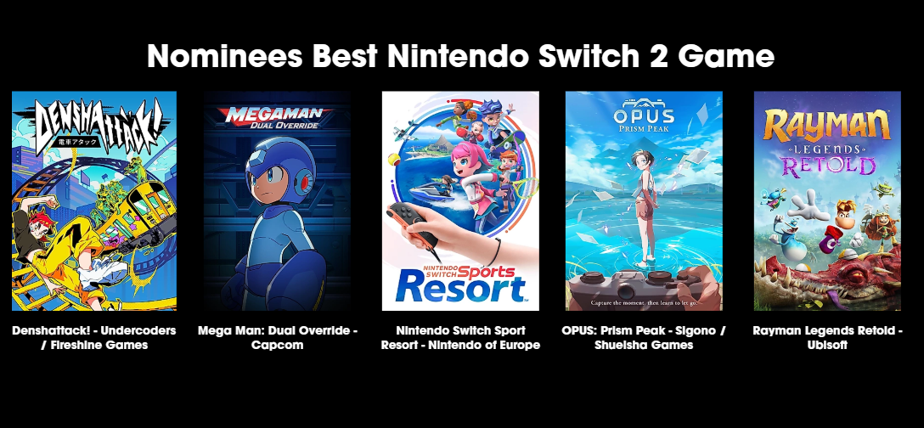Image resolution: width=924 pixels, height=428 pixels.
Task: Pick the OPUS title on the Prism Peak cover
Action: [x=644, y=114]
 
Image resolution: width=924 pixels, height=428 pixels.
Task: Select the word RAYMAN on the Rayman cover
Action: [x=827, y=124]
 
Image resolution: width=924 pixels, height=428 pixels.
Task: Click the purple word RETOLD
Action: [x=827, y=166]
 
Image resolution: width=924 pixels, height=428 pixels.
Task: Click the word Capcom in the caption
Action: [x=277, y=346]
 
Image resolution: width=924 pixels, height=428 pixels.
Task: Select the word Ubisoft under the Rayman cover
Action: [x=827, y=346]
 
